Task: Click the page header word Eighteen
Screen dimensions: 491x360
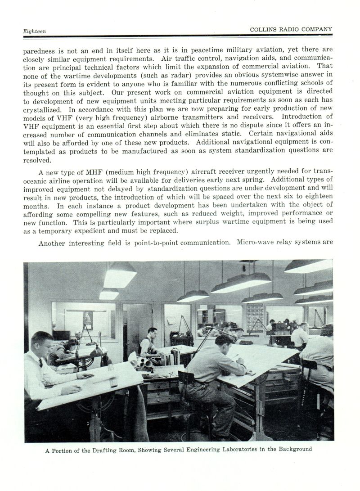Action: point(35,31)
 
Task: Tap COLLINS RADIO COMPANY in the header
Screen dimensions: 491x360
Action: point(291,29)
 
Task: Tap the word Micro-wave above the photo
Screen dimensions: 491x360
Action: point(254,242)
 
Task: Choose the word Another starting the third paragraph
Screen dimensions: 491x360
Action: point(53,243)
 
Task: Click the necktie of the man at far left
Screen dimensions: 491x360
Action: point(41,362)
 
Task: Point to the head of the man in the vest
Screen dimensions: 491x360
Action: point(153,334)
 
